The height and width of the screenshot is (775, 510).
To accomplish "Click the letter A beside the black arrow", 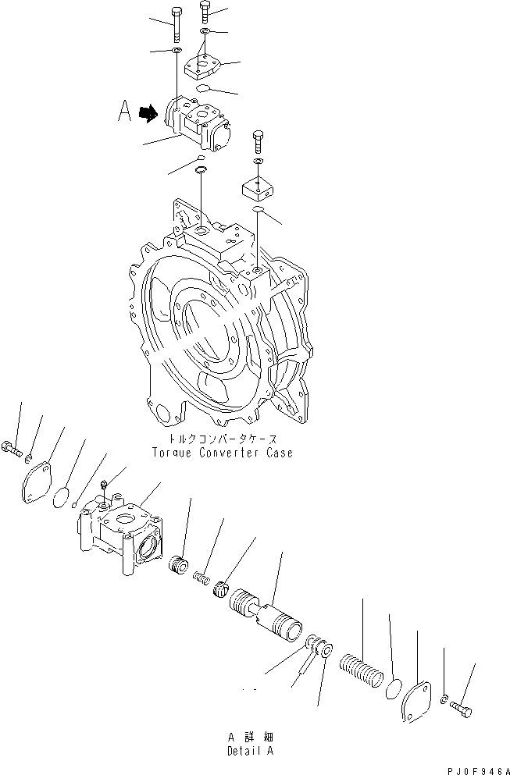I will tap(124, 112).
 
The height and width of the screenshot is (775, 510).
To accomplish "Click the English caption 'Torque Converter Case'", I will tap(223, 453).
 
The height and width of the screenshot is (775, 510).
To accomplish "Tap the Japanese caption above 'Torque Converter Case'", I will tap(223, 439).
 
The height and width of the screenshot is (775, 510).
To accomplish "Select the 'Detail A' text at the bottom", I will tap(250, 750).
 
